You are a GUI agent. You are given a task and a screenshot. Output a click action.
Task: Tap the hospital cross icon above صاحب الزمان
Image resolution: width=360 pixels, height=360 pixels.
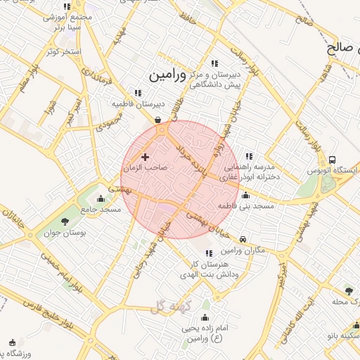146,156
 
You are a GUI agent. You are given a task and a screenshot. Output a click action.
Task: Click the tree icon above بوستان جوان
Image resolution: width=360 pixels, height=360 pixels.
65,221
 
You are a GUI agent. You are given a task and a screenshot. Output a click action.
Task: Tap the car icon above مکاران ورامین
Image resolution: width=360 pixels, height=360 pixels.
243,238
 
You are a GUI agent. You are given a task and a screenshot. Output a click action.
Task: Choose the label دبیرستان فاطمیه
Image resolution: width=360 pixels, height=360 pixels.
133,103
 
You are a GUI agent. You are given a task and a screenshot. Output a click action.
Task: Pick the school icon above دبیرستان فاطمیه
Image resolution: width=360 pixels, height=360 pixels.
138,92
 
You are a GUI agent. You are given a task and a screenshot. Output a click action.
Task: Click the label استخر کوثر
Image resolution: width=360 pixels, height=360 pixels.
63,52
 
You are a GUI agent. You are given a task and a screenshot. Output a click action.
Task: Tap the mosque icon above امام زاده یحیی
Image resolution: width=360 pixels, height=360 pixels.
205,316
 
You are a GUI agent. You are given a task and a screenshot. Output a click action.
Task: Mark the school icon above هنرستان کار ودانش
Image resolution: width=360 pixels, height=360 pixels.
208,253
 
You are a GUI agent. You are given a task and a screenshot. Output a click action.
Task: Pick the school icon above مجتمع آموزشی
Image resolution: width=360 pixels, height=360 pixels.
67,7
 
